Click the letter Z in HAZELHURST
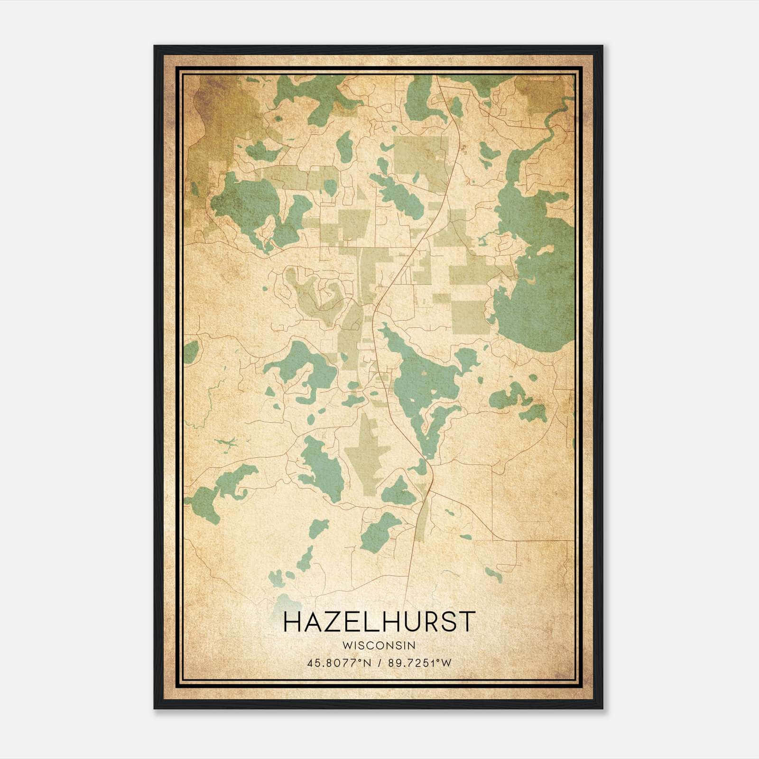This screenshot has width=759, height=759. click(x=336, y=622)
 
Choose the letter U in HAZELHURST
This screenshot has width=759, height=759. click(x=405, y=622)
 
